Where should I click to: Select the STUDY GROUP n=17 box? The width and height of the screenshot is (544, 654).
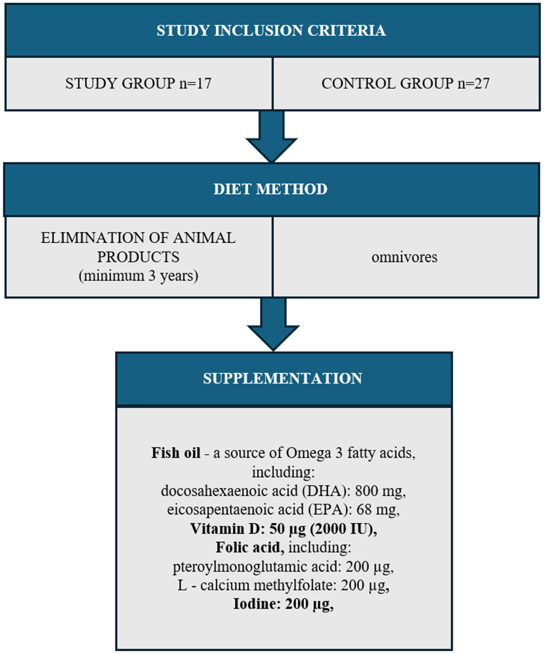138,84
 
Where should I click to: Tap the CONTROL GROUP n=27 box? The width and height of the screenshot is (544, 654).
406,84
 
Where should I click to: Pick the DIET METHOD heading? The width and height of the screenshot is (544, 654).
270,189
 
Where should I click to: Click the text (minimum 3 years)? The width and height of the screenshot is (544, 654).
138,276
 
